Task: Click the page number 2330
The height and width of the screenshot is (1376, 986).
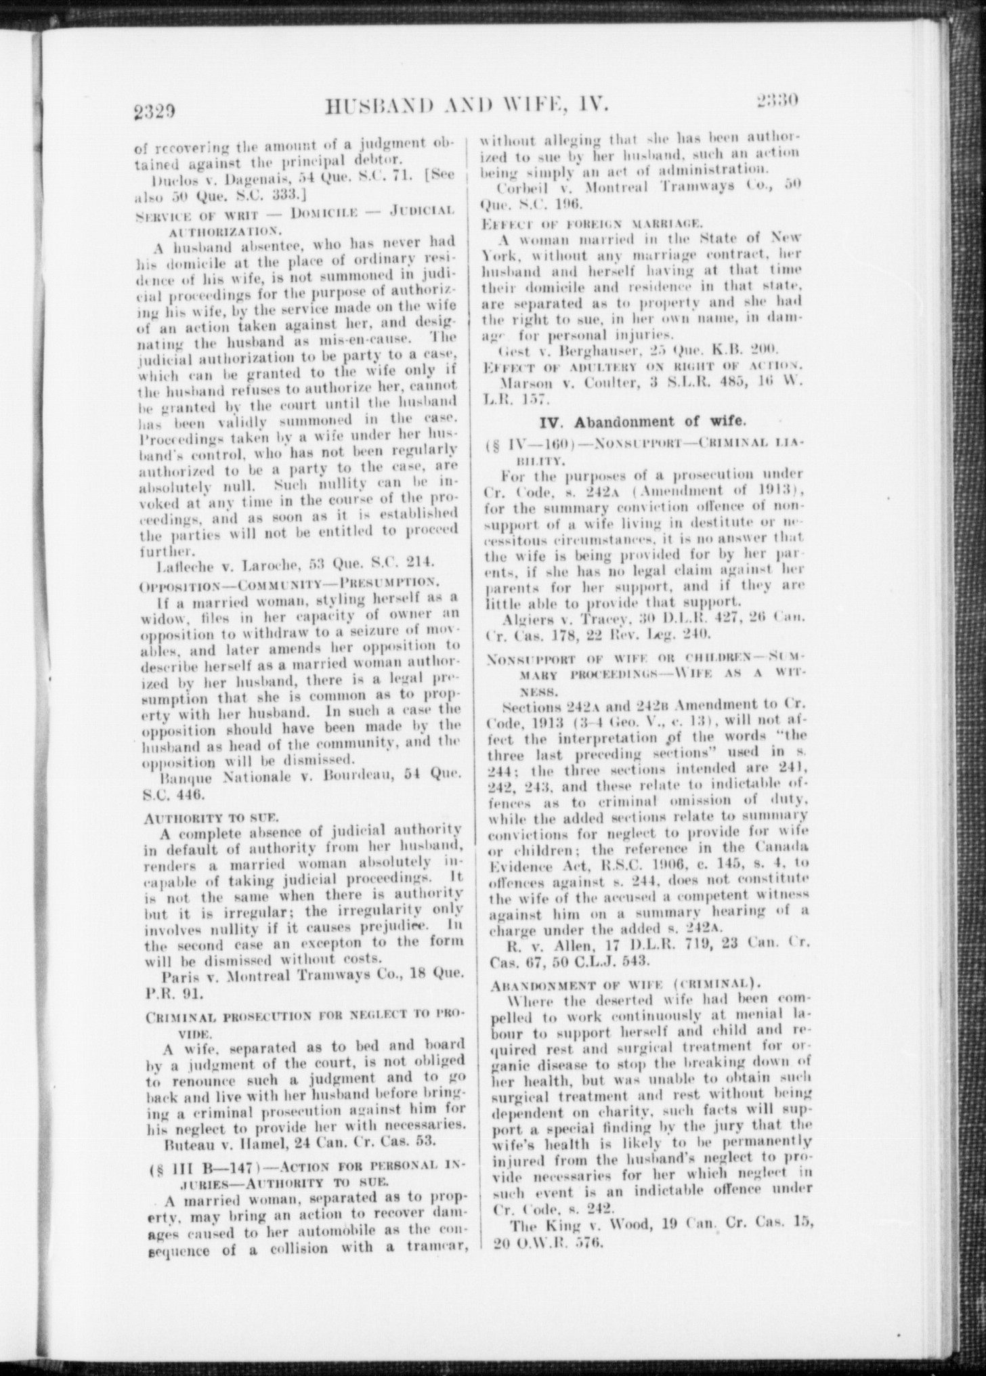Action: (x=776, y=102)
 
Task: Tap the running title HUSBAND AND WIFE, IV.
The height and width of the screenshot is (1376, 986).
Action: (x=468, y=105)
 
